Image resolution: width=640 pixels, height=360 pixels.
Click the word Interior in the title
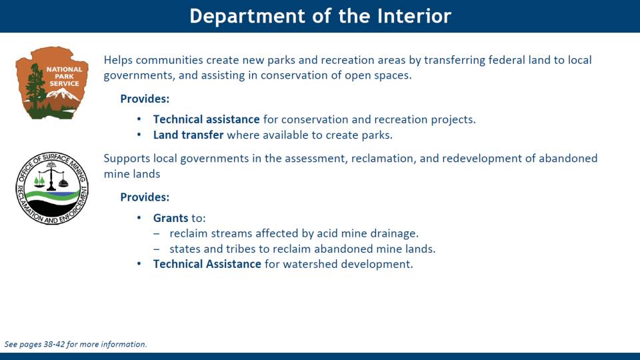point(414,16)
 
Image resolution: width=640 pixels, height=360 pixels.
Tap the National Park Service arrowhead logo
point(52,83)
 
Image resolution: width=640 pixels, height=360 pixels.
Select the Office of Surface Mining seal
point(52,188)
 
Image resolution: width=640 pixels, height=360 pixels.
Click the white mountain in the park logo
point(63,95)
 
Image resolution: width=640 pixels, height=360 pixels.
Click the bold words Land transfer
point(188,135)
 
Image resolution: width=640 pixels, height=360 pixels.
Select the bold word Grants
point(171,218)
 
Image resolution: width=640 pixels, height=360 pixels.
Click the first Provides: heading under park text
point(145,99)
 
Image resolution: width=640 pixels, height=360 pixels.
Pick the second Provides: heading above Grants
point(145,197)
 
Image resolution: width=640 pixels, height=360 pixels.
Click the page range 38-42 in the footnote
point(54,344)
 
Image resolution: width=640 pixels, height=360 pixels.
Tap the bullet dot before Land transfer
point(139,135)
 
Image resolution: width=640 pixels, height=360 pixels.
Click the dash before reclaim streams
point(156,234)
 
